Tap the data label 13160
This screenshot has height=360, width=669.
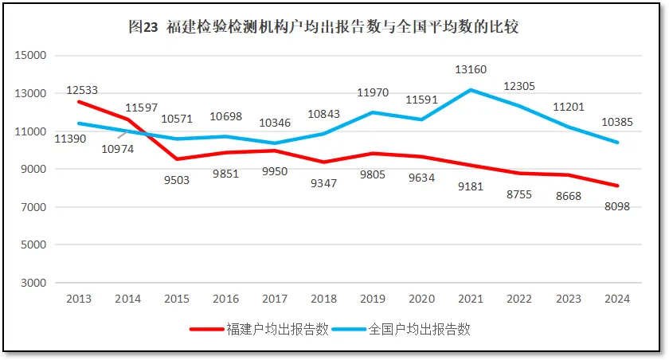[471, 71]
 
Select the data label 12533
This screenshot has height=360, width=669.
[82, 90]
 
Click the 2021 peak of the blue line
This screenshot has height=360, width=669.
[471, 90]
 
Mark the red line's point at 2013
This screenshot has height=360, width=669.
[78, 102]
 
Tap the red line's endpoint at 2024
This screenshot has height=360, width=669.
[617, 186]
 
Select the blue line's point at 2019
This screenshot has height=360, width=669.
[372, 112]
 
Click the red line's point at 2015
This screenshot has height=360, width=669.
[176, 159]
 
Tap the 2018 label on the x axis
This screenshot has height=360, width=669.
[323, 299]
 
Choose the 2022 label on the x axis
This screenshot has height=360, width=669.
[519, 299]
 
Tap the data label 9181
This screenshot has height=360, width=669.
[471, 186]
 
